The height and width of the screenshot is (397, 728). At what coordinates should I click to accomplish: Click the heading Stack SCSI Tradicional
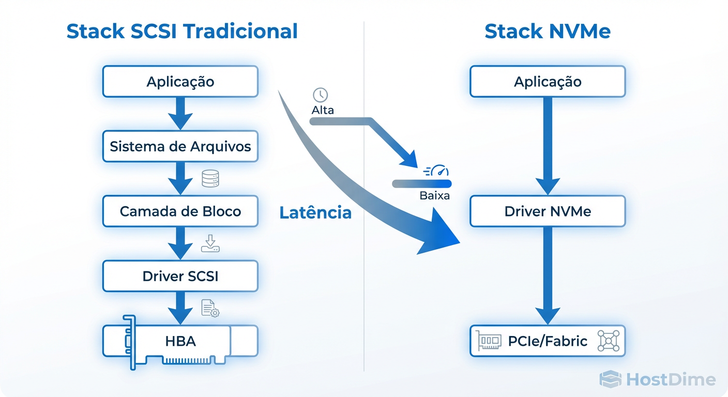pyautogui.click(x=182, y=32)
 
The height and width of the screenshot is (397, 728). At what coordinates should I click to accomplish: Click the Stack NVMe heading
pyautogui.click(x=548, y=32)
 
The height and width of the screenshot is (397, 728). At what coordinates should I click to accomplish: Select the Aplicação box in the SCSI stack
pyautogui.click(x=180, y=82)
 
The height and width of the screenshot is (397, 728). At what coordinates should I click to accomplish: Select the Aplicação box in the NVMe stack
pyautogui.click(x=548, y=82)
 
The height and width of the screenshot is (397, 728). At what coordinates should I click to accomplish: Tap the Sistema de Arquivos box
pyautogui.click(x=180, y=146)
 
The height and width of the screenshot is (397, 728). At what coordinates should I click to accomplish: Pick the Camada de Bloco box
pyautogui.click(x=180, y=211)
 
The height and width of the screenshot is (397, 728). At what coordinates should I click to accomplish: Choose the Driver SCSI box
pyautogui.click(x=180, y=276)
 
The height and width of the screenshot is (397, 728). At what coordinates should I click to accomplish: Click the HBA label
pyautogui.click(x=180, y=341)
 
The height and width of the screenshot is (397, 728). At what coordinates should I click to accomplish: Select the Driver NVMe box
pyautogui.click(x=548, y=211)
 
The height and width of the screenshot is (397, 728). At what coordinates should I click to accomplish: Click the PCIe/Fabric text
pyautogui.click(x=548, y=341)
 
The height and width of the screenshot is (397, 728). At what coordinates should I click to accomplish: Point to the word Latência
pyautogui.click(x=315, y=212)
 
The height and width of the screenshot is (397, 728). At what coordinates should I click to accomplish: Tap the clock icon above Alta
pyautogui.click(x=321, y=95)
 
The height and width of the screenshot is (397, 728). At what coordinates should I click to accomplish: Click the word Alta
pyautogui.click(x=323, y=110)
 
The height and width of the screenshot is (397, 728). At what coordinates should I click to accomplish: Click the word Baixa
pyautogui.click(x=434, y=196)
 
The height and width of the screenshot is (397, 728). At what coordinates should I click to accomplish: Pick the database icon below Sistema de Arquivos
pyautogui.click(x=210, y=179)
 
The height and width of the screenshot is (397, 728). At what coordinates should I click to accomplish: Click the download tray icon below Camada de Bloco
pyautogui.click(x=210, y=243)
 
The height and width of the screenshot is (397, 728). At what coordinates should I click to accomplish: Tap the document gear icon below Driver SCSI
pyautogui.click(x=210, y=309)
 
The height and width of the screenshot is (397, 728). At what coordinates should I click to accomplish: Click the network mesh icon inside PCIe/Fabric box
pyautogui.click(x=608, y=341)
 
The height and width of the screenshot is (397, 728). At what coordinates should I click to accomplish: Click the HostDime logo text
pyautogui.click(x=671, y=380)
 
